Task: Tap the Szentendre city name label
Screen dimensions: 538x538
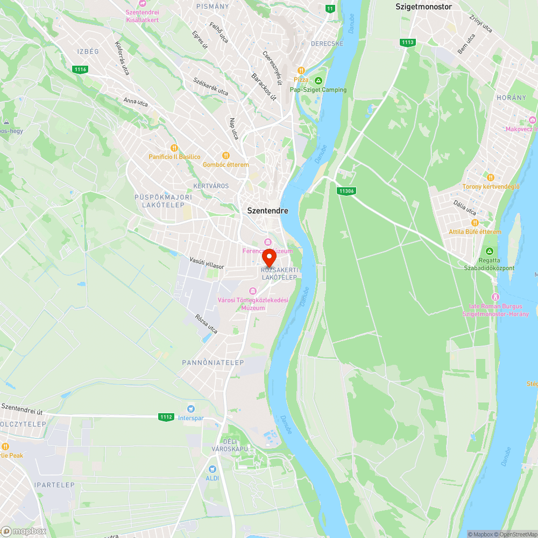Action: coord(267,211)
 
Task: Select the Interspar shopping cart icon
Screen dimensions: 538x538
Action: coord(190,409)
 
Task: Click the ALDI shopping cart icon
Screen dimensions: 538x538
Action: coord(212,469)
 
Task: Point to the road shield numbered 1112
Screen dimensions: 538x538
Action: coord(166,417)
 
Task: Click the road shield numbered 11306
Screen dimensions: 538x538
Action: coord(346,190)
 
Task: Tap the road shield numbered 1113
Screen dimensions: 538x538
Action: coord(407,42)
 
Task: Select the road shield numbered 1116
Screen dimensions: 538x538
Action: coord(80,69)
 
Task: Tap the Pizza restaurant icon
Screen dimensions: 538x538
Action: coord(301,70)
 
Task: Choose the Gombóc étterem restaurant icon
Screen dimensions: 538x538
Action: coord(226,155)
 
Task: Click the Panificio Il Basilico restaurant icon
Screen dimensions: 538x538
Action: coord(173,148)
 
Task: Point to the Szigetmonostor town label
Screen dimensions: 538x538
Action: coord(423,7)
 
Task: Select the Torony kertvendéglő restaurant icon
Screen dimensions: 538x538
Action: coord(490,178)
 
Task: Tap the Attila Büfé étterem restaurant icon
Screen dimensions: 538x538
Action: coord(475,223)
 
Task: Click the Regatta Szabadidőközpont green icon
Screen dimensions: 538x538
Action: coord(490,251)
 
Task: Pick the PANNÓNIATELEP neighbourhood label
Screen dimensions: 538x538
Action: coord(206,362)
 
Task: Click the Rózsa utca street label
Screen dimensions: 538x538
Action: coord(207,323)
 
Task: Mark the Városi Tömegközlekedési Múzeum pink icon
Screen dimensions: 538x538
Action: coord(252,291)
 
